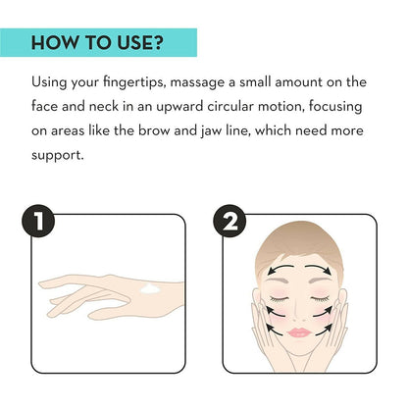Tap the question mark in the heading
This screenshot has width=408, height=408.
click(x=157, y=42)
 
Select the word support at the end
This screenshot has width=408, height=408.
click(x=58, y=156)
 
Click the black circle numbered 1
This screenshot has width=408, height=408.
click(x=38, y=221)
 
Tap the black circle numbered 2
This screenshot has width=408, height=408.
click(x=229, y=221)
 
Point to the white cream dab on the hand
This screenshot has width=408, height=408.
click(x=150, y=288)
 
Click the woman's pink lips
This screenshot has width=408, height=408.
click(x=299, y=332)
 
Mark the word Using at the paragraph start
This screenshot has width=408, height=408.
click(x=48, y=82)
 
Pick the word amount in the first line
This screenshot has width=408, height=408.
click(x=298, y=82)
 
